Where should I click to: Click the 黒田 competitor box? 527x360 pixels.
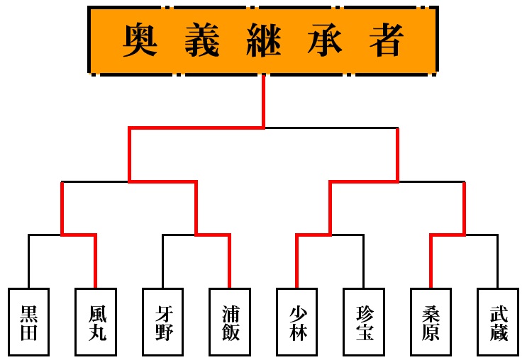pyautogui.click(x=29, y=322)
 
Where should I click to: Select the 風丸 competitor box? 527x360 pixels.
pyautogui.click(x=96, y=322)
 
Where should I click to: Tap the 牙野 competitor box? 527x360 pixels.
pyautogui.click(x=162, y=322)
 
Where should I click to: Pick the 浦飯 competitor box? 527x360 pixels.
pyautogui.click(x=229, y=322)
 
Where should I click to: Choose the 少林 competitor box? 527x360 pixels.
pyautogui.click(x=296, y=322)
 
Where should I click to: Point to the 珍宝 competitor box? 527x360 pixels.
pyautogui.click(x=363, y=322)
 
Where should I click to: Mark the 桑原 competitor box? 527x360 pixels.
pyautogui.click(x=431, y=322)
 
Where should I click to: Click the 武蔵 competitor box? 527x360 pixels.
pyautogui.click(x=497, y=322)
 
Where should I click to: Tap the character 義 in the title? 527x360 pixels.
pyautogui.click(x=203, y=40)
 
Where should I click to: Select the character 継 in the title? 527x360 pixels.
pyautogui.click(x=264, y=40)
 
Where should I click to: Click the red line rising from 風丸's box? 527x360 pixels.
pyautogui.click(x=96, y=262)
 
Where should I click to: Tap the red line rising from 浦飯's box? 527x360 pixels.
pyautogui.click(x=229, y=262)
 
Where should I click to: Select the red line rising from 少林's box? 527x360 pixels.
pyautogui.click(x=296, y=262)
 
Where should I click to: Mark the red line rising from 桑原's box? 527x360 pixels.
pyautogui.click(x=431, y=262)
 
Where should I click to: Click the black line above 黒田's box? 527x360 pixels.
pyautogui.click(x=29, y=262)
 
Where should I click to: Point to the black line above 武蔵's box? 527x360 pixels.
pyautogui.click(x=497, y=262)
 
